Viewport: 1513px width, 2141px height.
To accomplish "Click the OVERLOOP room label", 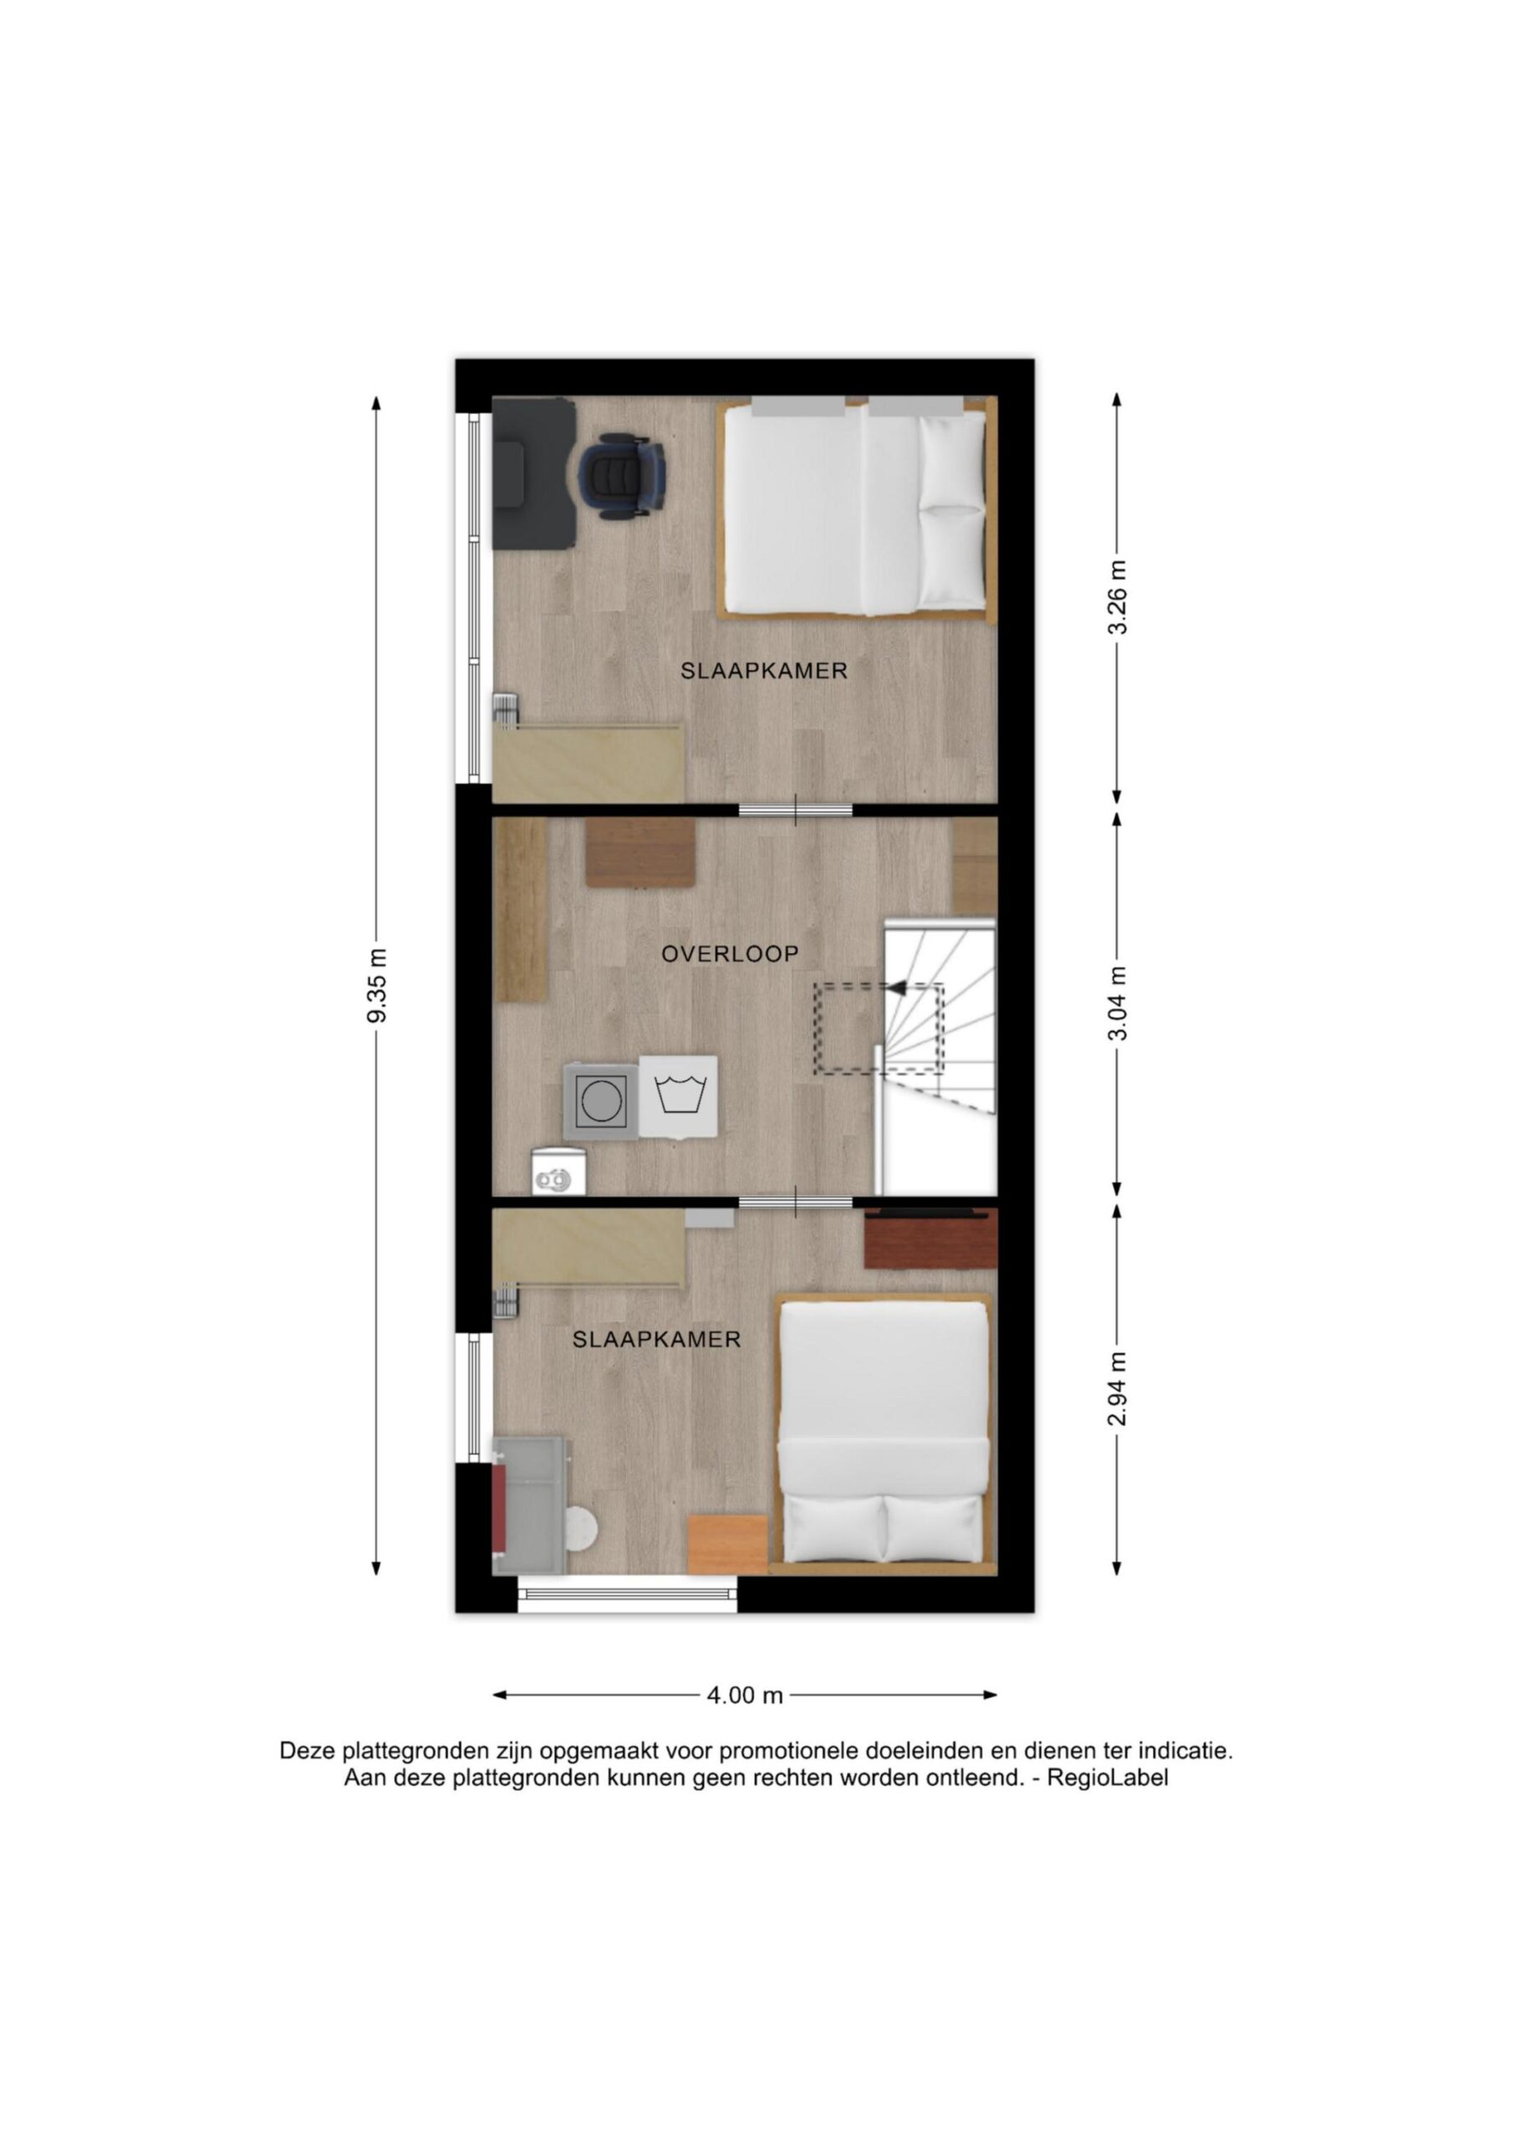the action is [730, 954].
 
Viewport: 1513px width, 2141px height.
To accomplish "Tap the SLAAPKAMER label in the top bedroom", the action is [763, 671].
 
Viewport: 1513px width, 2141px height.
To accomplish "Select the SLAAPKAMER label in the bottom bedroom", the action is [656, 1339].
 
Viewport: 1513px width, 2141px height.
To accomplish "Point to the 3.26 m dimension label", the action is [1117, 597].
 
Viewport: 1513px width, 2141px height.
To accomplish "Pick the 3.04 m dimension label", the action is [1117, 1004].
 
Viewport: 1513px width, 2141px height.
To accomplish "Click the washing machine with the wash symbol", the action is [679, 1096].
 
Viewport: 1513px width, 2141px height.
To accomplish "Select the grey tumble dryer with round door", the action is [601, 1101].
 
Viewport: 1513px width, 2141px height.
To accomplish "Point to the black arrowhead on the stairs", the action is [897, 987].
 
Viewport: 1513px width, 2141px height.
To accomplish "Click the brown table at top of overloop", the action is [640, 852].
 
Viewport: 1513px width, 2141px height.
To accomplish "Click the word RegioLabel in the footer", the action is [1108, 1777].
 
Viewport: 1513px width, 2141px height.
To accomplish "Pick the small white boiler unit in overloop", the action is [559, 1171].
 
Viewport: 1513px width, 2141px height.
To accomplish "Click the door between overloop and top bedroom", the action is [795, 810].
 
